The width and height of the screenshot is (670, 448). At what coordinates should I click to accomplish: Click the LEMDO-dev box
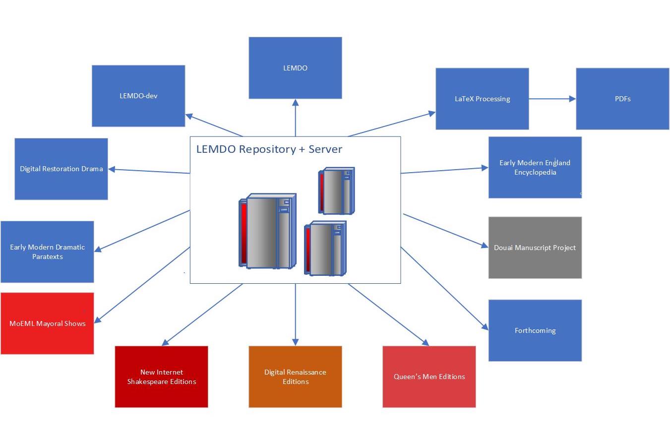coord(138,96)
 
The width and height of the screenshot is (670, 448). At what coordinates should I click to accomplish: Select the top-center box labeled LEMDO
coord(295,68)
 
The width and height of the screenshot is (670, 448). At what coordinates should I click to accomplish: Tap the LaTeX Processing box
coord(482,99)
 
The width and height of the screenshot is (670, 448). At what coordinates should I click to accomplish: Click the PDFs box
coord(622,99)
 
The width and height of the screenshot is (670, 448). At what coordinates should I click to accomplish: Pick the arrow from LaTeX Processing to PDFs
coord(551,99)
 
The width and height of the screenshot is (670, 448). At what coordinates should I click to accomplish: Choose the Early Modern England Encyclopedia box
coord(535,167)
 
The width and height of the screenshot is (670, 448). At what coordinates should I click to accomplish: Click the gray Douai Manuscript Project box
coord(535,248)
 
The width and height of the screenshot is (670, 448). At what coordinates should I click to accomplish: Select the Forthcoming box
coord(535,330)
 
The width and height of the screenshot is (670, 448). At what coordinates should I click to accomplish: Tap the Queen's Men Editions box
coord(429,377)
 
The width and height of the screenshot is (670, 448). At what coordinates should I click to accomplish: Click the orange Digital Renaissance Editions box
coord(295,377)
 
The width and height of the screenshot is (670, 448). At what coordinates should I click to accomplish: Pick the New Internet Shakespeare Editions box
coord(161,377)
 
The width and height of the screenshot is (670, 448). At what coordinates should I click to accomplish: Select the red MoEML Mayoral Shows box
coord(47,323)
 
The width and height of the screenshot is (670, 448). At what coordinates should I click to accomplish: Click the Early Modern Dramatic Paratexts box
coord(47,252)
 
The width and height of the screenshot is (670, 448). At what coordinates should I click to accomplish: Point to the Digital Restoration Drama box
coord(61,169)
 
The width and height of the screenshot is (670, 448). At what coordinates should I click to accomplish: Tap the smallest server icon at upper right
coord(337,191)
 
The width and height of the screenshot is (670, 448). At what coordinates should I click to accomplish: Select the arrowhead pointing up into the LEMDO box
coord(296,103)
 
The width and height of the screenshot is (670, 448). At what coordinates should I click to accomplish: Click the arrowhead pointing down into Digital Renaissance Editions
coord(296,342)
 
